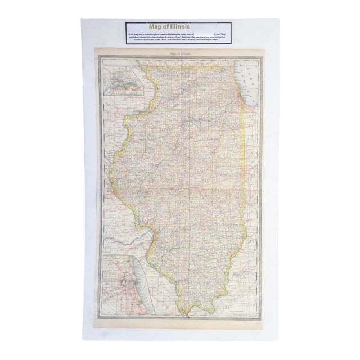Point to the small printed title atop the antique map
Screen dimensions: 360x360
click(x=179, y=54)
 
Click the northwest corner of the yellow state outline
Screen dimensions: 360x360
click(x=145, y=68)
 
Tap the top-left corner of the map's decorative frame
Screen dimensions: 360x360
click(x=96, y=51)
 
